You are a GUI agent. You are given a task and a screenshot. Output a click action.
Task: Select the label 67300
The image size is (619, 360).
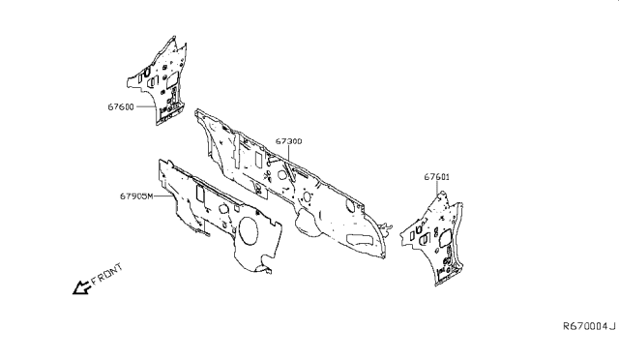[x=288, y=141]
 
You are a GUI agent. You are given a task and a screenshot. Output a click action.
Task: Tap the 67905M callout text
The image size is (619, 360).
[x=137, y=196]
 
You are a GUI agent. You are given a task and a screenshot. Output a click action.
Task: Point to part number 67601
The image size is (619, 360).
[x=437, y=177]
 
